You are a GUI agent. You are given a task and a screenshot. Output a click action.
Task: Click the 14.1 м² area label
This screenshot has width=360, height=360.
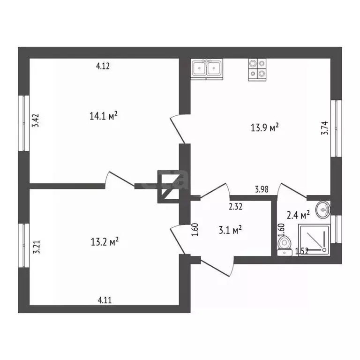coord(104,116)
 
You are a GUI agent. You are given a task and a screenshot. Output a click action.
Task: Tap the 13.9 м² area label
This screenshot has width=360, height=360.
coord(265,127)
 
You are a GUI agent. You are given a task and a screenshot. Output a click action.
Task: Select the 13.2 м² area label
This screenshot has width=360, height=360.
coord(105,241)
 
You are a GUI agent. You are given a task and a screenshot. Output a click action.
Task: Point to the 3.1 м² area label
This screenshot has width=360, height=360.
coord(230,230)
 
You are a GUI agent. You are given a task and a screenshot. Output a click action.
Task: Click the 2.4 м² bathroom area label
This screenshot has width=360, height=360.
coord(298,215)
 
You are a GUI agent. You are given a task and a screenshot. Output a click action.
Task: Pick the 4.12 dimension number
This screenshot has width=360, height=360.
coord(103,66)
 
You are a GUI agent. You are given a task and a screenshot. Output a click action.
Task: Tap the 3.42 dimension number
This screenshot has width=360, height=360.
coord(36,120)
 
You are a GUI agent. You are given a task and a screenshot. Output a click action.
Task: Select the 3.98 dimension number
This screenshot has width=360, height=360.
coord(262,189)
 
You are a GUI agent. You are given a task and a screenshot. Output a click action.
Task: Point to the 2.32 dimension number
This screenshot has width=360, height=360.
coord(236,207)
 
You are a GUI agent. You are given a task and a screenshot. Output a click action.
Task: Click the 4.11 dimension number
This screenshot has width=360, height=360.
coord(105,300)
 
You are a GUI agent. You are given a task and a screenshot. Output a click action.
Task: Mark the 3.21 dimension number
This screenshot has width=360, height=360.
coord(37,247)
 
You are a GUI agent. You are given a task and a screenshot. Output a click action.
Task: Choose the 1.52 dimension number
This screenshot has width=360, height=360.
coord(302,252)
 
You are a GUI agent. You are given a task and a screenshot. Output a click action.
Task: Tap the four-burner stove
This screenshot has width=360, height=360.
coord(257,69)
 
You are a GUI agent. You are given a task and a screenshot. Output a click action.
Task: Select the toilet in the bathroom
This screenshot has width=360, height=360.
coord(285,246)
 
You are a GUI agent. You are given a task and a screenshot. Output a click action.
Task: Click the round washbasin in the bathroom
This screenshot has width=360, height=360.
coord(323,210)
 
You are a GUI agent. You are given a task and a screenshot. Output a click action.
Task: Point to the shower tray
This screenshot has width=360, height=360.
coord(315,240)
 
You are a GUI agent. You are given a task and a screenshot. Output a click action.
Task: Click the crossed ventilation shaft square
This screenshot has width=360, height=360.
coord(169,187)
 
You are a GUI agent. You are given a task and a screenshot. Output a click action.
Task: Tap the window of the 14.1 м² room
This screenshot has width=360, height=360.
coord(24,123)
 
